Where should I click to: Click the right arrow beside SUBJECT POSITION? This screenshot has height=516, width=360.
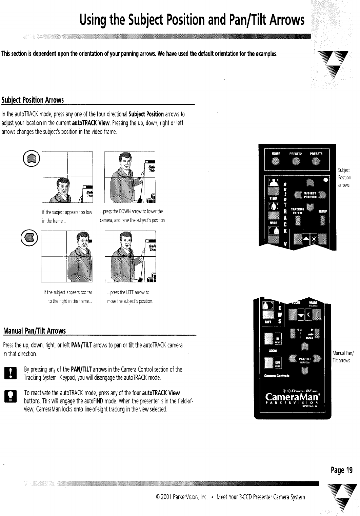click(x=322, y=195)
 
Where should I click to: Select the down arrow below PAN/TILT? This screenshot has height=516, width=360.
click(x=304, y=371)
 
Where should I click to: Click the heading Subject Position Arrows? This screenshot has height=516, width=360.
click(x=33, y=100)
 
